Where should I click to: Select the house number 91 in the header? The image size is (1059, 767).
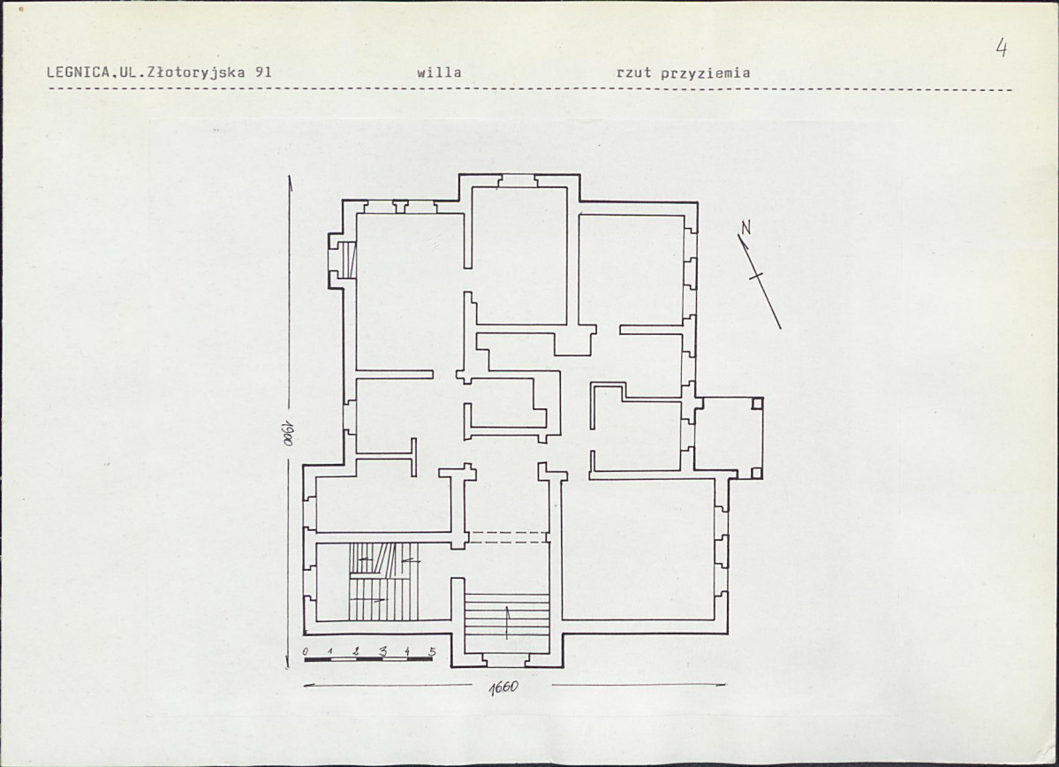click(x=263, y=72)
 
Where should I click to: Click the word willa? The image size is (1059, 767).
click(x=439, y=72)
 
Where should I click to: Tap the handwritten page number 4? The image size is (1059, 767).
click(x=1002, y=48)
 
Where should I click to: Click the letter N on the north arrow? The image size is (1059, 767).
click(x=745, y=228)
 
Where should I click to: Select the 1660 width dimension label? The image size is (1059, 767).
click(x=503, y=687)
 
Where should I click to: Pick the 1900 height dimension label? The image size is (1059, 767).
click(x=287, y=431)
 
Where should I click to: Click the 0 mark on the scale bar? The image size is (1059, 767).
click(x=306, y=650)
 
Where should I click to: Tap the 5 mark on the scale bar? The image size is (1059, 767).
click(x=432, y=651)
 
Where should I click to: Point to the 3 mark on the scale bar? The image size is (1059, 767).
click(x=382, y=651)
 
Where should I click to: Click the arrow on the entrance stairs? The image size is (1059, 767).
click(x=507, y=622)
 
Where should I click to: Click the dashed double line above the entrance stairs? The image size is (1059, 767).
click(x=507, y=537)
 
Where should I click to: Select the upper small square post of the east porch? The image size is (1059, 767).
click(x=757, y=404)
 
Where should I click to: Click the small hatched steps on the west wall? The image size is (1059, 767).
click(x=348, y=260)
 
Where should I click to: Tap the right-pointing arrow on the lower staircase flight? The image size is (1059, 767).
click(x=371, y=599)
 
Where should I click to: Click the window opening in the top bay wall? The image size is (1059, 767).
click(x=518, y=181)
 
